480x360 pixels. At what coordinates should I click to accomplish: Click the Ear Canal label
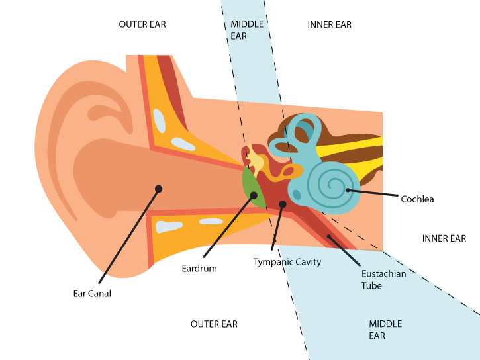92,294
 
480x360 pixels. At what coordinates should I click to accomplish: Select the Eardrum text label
199,269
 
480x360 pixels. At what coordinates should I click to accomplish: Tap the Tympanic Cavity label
287,262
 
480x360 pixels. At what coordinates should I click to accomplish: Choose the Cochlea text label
417,199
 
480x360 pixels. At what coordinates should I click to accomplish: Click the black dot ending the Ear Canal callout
158,189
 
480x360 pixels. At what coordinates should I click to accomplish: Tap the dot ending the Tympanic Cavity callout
283,204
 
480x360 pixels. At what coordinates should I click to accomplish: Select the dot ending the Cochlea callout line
349,191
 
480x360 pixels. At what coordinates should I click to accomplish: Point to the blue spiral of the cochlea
328,182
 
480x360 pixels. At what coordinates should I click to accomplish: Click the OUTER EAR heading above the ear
142,24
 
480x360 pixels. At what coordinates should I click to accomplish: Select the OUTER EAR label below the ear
214,324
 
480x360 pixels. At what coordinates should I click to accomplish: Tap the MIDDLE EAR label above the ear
247,30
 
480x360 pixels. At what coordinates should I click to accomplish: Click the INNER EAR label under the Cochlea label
444,238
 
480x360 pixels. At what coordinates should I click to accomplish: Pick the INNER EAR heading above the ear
330,24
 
